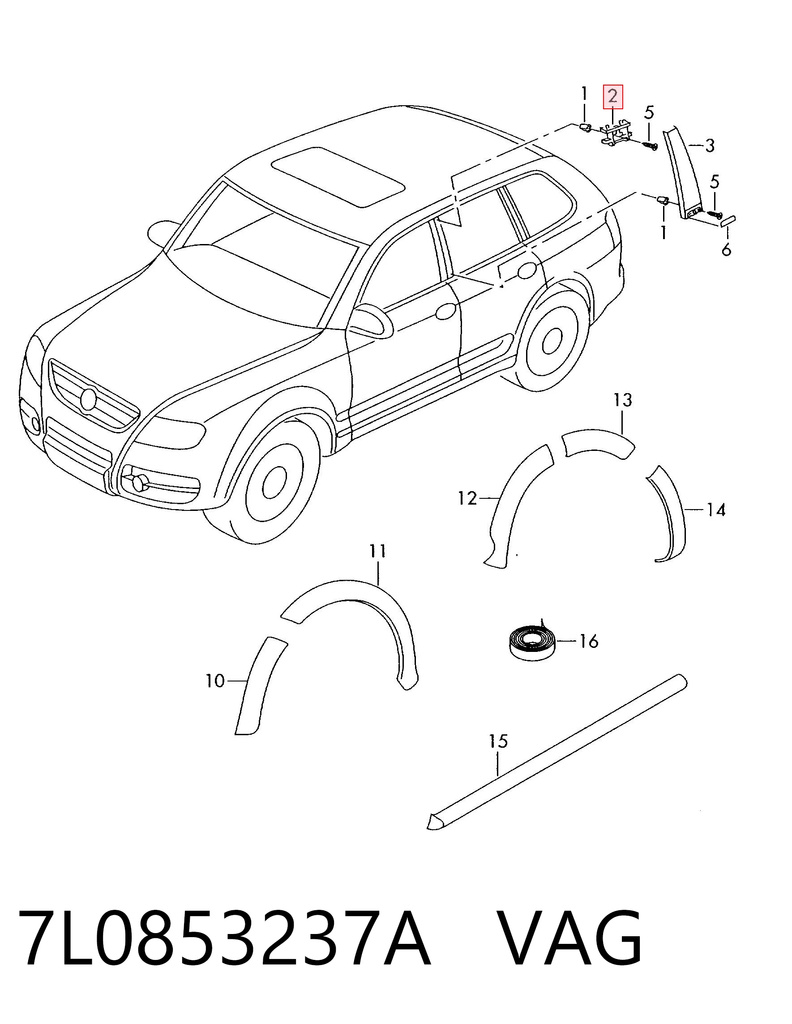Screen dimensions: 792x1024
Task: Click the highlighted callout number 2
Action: tap(612, 97)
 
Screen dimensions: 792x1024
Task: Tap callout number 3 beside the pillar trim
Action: tap(710, 146)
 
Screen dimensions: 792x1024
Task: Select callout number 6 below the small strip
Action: tap(726, 249)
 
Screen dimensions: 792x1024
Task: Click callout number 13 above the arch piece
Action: tap(623, 400)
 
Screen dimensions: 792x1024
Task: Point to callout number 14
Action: tap(716, 510)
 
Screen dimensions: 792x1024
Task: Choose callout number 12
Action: tap(467, 498)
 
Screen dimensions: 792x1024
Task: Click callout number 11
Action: tap(378, 551)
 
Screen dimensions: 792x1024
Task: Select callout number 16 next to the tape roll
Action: tap(589, 641)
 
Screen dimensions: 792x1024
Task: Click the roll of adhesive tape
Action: tap(531, 642)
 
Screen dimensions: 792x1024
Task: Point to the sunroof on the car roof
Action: tap(338, 177)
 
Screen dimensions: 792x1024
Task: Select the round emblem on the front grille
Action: tap(88, 399)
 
